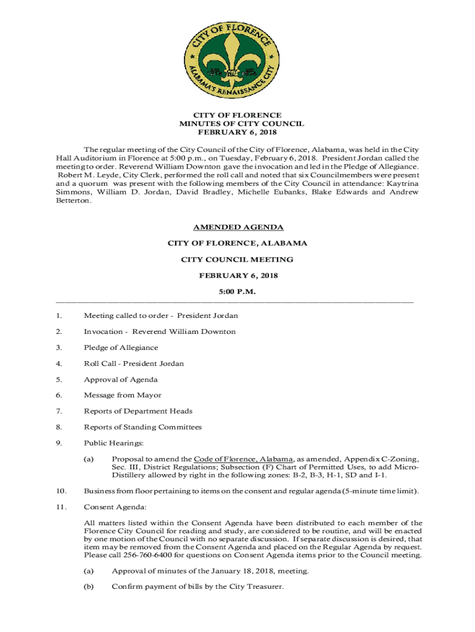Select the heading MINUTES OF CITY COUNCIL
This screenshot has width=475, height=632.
(238, 124)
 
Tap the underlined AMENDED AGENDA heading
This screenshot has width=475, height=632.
(238, 227)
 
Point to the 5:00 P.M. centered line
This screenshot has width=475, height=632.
(238, 291)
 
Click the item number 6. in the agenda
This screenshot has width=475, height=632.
(59, 395)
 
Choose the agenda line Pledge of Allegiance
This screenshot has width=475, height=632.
(121, 347)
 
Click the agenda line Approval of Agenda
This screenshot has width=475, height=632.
(121, 380)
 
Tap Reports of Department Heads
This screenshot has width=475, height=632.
(138, 411)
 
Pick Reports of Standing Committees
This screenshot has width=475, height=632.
(142, 427)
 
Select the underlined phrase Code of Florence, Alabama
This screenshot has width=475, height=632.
(243, 459)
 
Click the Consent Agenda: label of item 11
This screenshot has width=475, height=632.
(115, 507)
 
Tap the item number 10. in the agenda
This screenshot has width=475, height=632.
(60, 491)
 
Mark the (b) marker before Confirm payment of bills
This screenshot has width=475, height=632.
(88, 587)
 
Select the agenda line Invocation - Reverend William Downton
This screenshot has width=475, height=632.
(160, 331)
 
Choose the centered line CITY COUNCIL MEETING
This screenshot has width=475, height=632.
(238, 259)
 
